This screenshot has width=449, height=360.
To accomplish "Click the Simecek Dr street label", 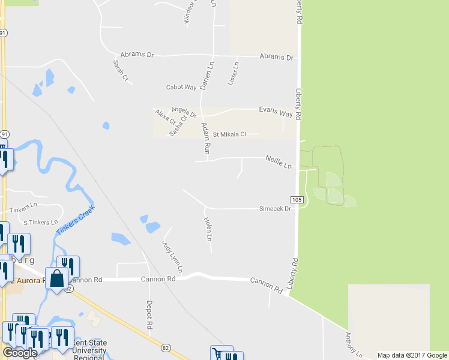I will [274, 209].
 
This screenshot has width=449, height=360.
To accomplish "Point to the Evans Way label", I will [276, 112].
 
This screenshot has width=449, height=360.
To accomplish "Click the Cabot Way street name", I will [181, 87].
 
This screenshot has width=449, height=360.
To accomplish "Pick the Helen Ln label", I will [208, 229].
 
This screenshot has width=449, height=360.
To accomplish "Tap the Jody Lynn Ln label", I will [172, 256].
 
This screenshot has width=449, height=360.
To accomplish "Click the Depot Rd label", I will [149, 315].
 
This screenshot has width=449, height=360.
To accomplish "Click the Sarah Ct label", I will [121, 70].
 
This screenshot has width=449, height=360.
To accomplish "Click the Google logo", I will [20, 353].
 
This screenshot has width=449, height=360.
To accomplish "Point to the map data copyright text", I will [412, 355].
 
